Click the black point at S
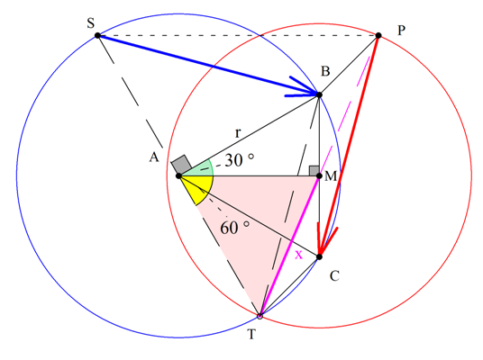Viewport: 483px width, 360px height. (x=97, y=35)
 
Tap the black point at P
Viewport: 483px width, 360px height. (x=378, y=35)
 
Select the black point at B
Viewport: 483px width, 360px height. (x=319, y=94)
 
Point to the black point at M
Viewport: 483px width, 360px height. (x=319, y=176)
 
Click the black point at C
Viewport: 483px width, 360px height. (x=319, y=256)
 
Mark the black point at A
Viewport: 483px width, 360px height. (x=178, y=176)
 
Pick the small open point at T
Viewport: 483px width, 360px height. (x=260, y=316)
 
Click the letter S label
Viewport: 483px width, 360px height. (x=90, y=23)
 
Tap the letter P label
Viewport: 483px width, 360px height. (x=401, y=31)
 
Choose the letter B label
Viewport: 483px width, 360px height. (x=325, y=71)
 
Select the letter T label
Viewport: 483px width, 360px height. (x=252, y=334)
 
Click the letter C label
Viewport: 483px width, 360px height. (x=334, y=276)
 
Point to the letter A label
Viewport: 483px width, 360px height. (x=154, y=157)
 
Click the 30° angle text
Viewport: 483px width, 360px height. (x=239, y=160)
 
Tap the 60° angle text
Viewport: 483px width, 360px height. (x=234, y=228)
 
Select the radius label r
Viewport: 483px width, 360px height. (x=238, y=133)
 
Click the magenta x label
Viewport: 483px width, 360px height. (x=299, y=255)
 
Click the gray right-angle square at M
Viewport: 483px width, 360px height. (x=314, y=171)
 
